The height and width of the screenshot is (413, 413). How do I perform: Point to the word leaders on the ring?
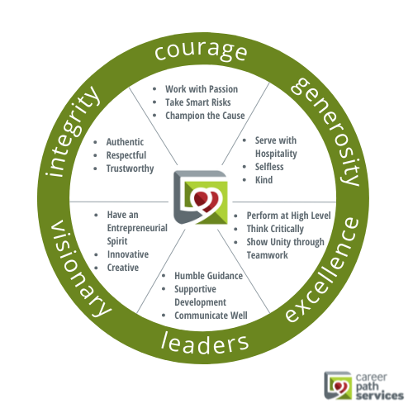(205, 343)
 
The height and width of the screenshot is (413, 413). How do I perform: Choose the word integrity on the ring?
(72, 131)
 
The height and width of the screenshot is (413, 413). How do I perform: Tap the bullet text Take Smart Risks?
(198, 102)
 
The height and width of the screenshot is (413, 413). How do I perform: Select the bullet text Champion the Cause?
(205, 116)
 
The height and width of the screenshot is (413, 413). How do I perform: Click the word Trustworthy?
(130, 169)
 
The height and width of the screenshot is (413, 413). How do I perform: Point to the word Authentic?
(125, 142)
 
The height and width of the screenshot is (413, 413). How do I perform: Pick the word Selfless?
(269, 167)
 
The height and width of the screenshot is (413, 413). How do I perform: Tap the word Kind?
(263, 180)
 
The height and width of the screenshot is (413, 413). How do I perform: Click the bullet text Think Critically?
(275, 229)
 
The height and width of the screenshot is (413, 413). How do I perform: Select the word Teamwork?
(267, 255)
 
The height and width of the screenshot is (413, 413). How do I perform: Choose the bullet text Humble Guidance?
(208, 276)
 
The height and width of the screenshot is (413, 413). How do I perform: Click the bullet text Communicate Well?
(211, 316)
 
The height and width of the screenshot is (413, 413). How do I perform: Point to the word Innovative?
(128, 254)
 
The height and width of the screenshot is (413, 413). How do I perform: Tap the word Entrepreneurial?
(137, 228)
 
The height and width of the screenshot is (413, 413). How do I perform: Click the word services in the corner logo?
(380, 396)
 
